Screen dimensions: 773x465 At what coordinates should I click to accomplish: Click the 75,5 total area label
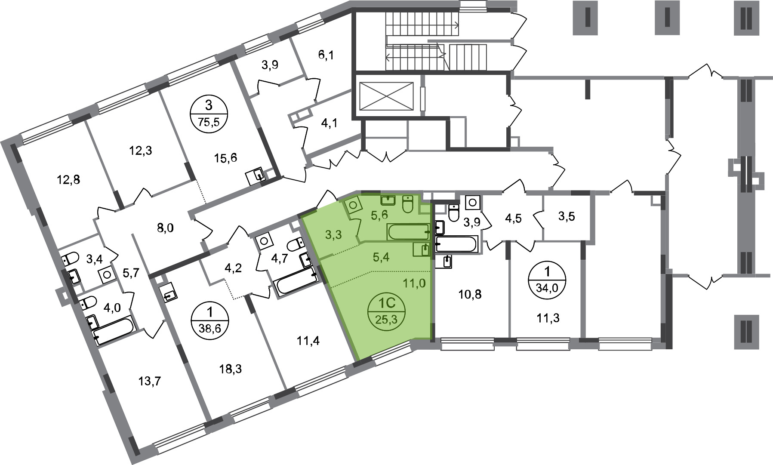209,122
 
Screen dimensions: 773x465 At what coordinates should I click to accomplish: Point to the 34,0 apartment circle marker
547,278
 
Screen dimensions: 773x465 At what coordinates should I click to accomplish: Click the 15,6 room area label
226,158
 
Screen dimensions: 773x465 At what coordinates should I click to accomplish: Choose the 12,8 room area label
69,179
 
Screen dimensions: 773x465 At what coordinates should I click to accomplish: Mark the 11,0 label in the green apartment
414,283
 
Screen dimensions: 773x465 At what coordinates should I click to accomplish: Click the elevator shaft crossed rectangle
386,95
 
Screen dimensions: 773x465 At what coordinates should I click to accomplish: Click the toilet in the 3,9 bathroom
453,212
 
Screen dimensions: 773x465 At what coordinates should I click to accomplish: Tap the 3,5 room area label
567,216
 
